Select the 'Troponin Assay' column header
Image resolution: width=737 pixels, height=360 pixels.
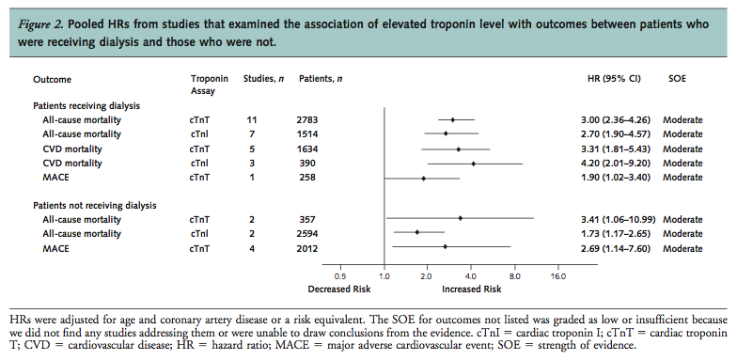[x=209, y=86]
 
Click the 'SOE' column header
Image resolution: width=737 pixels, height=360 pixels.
[x=678, y=80]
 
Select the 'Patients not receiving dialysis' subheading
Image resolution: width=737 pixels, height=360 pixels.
[x=95, y=204]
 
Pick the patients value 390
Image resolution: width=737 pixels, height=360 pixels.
[x=307, y=163]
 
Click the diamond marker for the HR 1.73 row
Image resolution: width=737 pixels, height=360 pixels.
[x=417, y=232]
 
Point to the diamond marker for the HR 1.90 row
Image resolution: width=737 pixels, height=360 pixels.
[x=423, y=178]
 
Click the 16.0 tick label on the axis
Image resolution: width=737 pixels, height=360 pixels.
[x=557, y=277]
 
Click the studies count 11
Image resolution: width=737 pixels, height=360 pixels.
[x=251, y=120]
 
